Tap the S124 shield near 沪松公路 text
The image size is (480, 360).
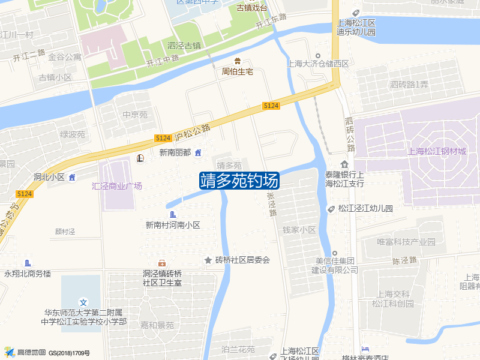(x=163, y=138)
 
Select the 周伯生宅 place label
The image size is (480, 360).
(x=238, y=71)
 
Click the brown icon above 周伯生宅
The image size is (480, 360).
(x=238, y=61)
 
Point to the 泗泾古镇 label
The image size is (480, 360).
(x=184, y=46)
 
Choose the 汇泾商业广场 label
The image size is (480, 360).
(x=117, y=186)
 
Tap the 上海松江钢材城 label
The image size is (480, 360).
(x=436, y=151)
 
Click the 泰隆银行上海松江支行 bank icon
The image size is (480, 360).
(x=344, y=164)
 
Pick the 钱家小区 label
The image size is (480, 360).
(x=299, y=230)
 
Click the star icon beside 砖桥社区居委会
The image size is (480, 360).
(x=208, y=260)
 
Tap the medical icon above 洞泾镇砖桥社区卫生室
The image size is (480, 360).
(x=162, y=263)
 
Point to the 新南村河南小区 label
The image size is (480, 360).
(x=173, y=225)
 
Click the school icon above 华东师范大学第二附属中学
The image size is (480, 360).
(x=83, y=302)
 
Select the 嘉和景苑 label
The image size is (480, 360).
(x=157, y=325)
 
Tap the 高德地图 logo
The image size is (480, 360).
(x=24, y=352)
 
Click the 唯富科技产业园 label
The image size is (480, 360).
(x=406, y=242)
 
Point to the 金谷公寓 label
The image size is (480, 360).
(x=65, y=58)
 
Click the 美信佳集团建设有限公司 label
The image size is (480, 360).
(x=335, y=265)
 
